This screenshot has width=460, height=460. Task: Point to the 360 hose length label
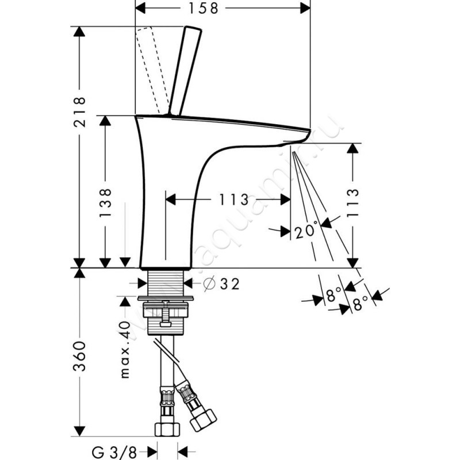(x=79, y=356)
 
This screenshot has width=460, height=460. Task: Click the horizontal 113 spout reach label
(x=233, y=200)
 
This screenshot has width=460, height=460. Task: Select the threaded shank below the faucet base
(x=167, y=282)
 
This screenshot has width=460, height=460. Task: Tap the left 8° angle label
(x=332, y=296)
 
